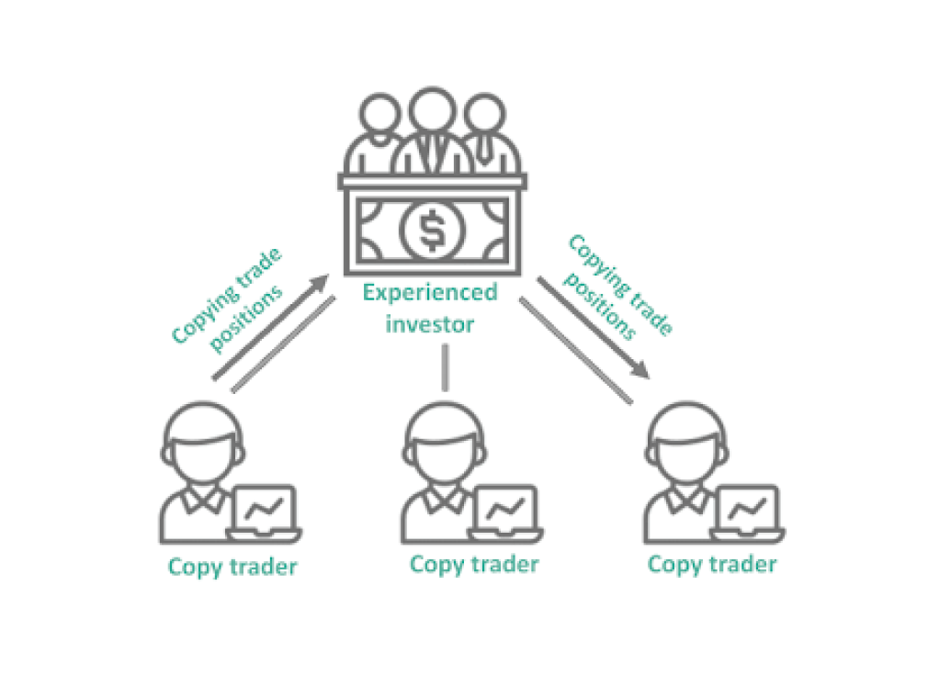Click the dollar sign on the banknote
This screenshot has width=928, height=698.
click(x=430, y=231)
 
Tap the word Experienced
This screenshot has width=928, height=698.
click(x=430, y=293)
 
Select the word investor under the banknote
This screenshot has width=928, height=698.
click(x=430, y=324)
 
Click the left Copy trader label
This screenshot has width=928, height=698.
click(x=232, y=567)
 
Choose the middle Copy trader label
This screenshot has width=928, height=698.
click(x=474, y=563)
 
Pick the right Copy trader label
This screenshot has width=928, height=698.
click(x=712, y=563)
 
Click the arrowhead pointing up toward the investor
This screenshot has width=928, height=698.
click(x=321, y=279)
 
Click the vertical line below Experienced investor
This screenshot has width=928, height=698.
click(x=445, y=366)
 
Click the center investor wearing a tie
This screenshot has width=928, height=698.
click(x=430, y=138)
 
